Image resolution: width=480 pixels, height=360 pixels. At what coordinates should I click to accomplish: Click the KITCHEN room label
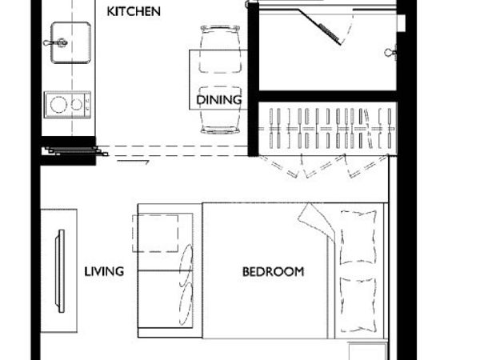134,12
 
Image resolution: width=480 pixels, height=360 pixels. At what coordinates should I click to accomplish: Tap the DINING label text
219,100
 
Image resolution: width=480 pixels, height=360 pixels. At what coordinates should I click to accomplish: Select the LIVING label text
104,271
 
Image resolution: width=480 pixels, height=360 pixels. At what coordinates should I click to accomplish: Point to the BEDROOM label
273,271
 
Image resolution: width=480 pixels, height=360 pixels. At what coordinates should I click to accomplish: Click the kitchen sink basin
70,42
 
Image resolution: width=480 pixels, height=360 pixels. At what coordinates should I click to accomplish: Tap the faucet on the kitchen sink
56,42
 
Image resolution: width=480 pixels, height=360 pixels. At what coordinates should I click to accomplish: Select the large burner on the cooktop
58,105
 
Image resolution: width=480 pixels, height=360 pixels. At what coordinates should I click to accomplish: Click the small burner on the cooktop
77,105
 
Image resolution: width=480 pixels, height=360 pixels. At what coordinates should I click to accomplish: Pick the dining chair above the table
220,50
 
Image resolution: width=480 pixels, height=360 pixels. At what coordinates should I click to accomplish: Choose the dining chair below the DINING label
220,110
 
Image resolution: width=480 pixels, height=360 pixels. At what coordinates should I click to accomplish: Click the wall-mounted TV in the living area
60,271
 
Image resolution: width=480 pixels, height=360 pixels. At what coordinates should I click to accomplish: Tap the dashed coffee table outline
155,234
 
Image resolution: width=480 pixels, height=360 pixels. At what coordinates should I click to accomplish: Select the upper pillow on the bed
358,238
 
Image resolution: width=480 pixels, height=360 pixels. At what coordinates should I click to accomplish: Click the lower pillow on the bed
358,305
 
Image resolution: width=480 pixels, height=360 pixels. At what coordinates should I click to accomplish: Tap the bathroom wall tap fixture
390,53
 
